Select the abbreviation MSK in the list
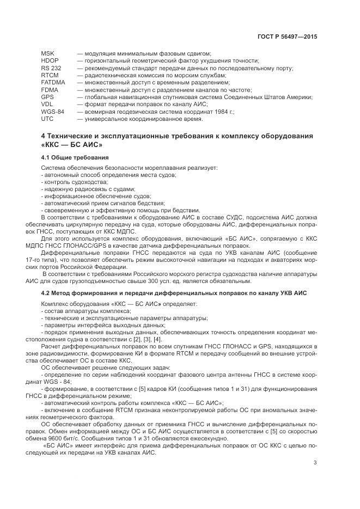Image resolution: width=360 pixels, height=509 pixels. [x=48, y=53]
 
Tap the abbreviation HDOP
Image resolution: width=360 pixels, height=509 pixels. [x=50, y=60]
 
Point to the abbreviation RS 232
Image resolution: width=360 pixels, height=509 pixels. [x=51, y=68]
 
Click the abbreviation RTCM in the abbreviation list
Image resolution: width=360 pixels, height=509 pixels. [x=50, y=75]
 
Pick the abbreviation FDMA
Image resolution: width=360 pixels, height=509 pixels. [x=50, y=89]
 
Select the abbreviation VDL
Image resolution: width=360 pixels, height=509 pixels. [x=47, y=103]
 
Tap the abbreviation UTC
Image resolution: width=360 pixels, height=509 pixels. [x=47, y=118]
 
